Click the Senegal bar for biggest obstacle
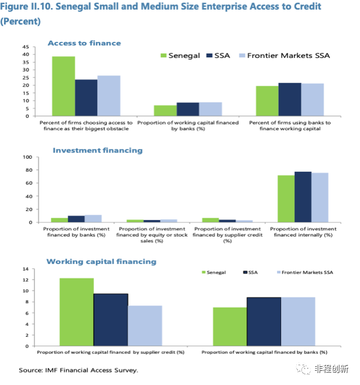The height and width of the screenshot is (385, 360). tap(64, 86)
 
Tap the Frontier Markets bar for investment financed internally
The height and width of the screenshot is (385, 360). tap(320, 197)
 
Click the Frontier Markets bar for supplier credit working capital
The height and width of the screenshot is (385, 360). tap(145, 325)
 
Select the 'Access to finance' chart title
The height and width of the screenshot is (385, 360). tap(84, 43)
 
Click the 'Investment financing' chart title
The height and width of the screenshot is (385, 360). tap(98, 151)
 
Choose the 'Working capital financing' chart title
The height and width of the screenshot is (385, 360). tap(101, 262)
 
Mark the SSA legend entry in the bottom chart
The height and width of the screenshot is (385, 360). tap(250, 272)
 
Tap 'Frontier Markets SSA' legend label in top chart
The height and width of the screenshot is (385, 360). tap(288, 56)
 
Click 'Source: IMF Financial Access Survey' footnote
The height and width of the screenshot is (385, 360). tap(78, 370)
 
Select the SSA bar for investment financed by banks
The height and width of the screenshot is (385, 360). tap(76, 219)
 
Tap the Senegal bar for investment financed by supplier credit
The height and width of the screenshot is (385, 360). tap(210, 220)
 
